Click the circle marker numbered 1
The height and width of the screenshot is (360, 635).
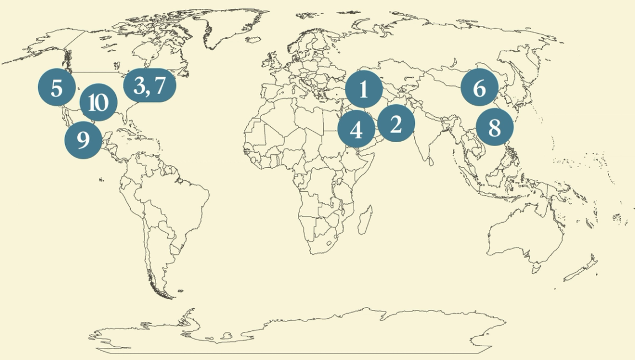click(x=363, y=89)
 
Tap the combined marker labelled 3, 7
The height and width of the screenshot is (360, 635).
click(x=149, y=85)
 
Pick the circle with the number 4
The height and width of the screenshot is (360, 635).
click(x=356, y=131)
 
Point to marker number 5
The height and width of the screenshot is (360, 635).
click(x=57, y=88)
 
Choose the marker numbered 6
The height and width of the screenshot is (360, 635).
click(x=479, y=88)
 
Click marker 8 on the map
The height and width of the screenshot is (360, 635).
click(x=494, y=127)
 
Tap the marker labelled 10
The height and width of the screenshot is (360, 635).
click(x=98, y=103)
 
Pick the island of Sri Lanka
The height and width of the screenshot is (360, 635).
click(x=430, y=162)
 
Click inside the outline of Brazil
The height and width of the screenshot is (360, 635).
click(x=177, y=204)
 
